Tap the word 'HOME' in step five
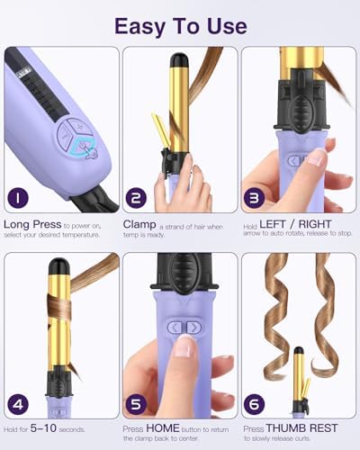pos(160,427)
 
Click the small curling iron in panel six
pos(300,382)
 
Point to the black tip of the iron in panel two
pos(179,62)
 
